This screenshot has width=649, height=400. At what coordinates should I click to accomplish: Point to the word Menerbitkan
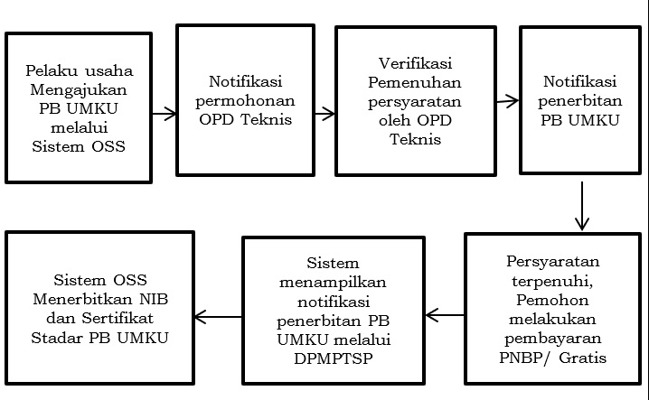point(100,299)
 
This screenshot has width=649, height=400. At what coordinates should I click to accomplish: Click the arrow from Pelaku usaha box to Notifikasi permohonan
point(164,114)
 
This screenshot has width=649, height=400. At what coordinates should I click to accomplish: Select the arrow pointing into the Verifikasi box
point(324,114)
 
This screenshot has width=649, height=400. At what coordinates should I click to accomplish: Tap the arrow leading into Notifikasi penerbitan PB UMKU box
point(507,101)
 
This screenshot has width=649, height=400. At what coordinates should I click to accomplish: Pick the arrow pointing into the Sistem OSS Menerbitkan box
point(218,317)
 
